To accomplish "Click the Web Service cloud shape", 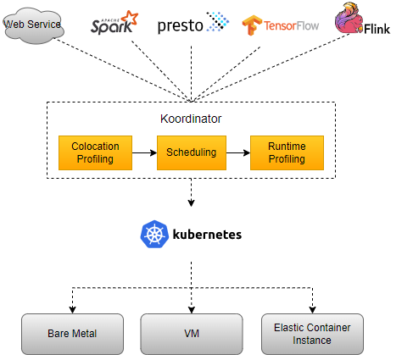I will click(33, 25).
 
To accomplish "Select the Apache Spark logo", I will click(114, 23).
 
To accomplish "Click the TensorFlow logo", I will click(283, 25).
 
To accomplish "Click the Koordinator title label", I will click(190, 119).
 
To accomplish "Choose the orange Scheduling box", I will click(190, 152).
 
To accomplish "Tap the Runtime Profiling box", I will click(287, 152).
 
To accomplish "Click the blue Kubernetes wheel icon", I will click(153, 235).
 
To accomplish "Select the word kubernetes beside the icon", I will click(207, 235).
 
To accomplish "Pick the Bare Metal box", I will click(72, 334).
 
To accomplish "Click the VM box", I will click(191, 334).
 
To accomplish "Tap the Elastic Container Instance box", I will click(312, 334).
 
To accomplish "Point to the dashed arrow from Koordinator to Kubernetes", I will click(191, 192).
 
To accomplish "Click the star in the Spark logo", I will click(129, 15).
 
